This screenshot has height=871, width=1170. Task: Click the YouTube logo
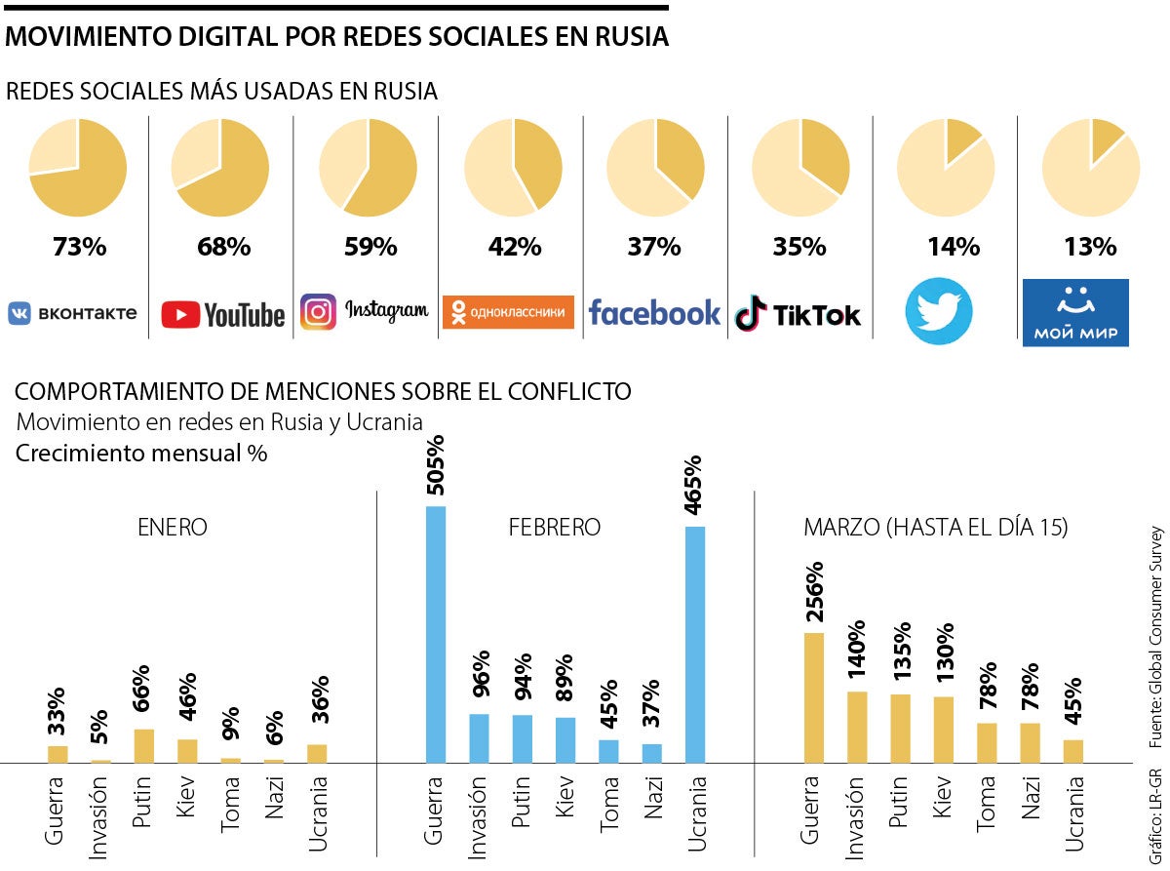(x=223, y=314)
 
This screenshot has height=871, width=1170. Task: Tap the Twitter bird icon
(x=939, y=311)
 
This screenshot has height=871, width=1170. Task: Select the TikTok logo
(x=799, y=314)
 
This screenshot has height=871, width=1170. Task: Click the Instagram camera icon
(x=318, y=311)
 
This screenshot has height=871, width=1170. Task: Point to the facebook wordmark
(x=654, y=312)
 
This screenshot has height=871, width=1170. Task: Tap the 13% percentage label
(x=1090, y=247)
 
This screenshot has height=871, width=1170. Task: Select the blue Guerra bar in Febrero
(x=436, y=634)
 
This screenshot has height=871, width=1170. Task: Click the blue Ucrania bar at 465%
(x=695, y=644)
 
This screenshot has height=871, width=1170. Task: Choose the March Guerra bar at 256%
(x=814, y=697)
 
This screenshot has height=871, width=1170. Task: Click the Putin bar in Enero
(x=143, y=745)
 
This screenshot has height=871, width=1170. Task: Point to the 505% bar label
(x=436, y=465)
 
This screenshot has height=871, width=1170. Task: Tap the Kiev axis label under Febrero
(x=565, y=799)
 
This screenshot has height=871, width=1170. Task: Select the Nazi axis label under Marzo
(x=1031, y=799)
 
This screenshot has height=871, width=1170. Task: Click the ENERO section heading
(x=173, y=528)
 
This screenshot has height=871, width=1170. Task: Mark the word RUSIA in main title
(x=631, y=37)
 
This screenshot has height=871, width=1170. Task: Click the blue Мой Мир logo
(x=1075, y=312)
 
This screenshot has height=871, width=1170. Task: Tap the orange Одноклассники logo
(x=508, y=312)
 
